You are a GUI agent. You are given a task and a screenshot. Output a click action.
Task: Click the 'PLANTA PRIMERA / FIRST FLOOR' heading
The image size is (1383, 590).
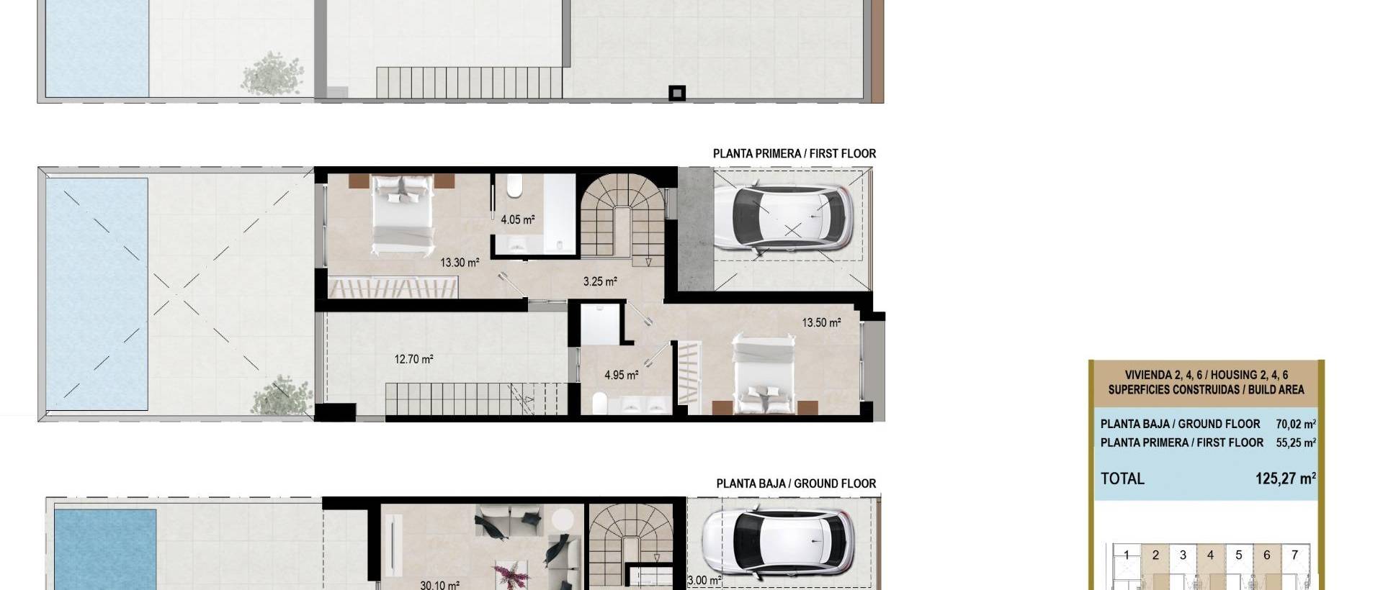click(794, 153)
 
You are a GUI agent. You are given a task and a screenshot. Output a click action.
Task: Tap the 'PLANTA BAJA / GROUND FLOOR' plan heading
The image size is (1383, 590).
click(796, 484)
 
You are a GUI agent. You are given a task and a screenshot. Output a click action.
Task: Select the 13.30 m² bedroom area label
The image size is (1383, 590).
click(460, 263)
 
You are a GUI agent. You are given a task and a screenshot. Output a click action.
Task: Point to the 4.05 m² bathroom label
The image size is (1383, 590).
click(517, 219)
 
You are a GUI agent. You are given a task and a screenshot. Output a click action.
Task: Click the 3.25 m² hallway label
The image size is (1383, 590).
click(599, 281)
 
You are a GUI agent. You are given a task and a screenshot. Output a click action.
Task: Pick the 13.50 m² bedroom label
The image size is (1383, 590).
click(821, 322)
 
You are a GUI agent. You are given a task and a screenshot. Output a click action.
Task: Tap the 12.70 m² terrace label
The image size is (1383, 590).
click(413, 359)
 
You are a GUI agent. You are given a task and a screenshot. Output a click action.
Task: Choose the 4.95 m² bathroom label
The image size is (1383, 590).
click(621, 375)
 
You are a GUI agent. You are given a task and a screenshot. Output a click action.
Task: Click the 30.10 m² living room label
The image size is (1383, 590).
click(439, 584)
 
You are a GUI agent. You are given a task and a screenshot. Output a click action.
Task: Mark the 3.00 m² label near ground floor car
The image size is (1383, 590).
click(704, 580)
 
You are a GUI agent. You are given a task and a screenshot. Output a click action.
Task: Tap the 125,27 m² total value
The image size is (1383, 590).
click(1285, 478)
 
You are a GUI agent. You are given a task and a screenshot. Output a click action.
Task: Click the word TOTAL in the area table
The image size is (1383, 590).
click(1122, 478)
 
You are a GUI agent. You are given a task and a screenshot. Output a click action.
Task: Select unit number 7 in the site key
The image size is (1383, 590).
click(1294, 555)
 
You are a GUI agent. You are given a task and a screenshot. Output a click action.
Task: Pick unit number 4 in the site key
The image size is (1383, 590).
click(1210, 555)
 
